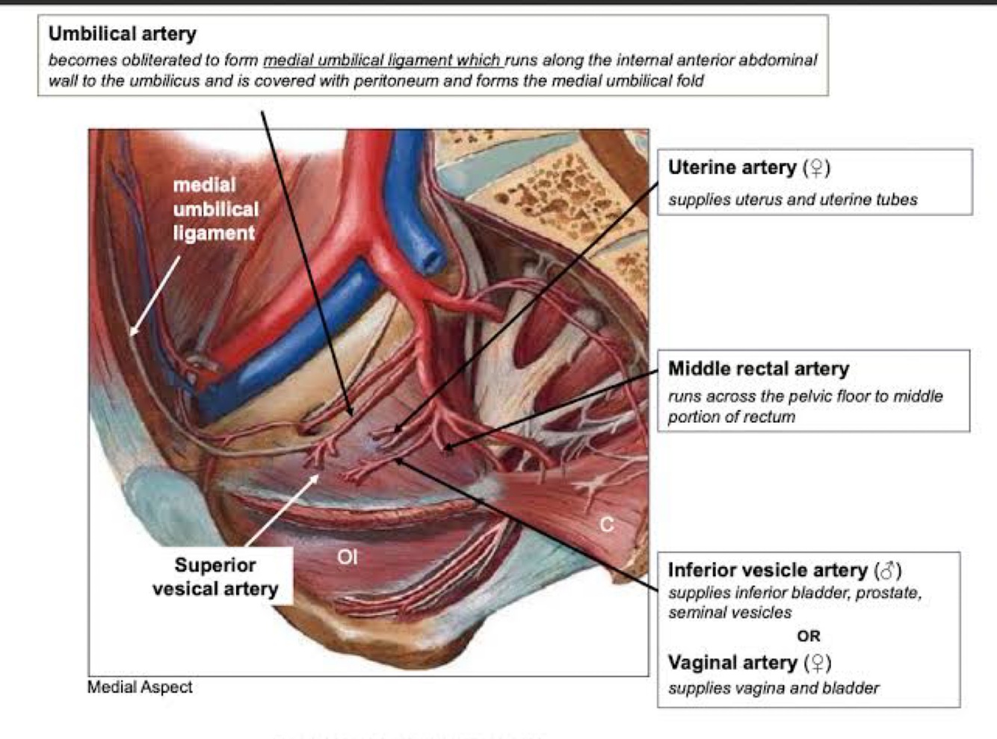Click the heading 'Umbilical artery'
pyautogui.click(x=122, y=34)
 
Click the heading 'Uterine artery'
pyautogui.click(x=732, y=167)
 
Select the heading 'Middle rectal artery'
pyautogui.click(x=758, y=368)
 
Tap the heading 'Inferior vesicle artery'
pyautogui.click(x=767, y=570)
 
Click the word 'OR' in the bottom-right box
pyautogui.click(x=808, y=636)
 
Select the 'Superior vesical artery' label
pyautogui.click(x=215, y=577)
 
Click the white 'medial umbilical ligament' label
pyautogui.click(x=215, y=209)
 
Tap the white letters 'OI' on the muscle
pyautogui.click(x=348, y=557)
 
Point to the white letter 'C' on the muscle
pyautogui.click(x=607, y=525)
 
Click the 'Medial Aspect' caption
pyautogui.click(x=140, y=687)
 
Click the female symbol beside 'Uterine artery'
pyautogui.click(x=817, y=167)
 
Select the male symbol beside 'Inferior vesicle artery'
pyautogui.click(x=888, y=571)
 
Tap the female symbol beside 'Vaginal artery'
pyautogui.click(x=818, y=663)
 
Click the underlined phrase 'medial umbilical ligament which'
pyautogui.click(x=383, y=60)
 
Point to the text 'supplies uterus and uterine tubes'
pyautogui.click(x=792, y=200)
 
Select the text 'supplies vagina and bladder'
pyautogui.click(x=773, y=687)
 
